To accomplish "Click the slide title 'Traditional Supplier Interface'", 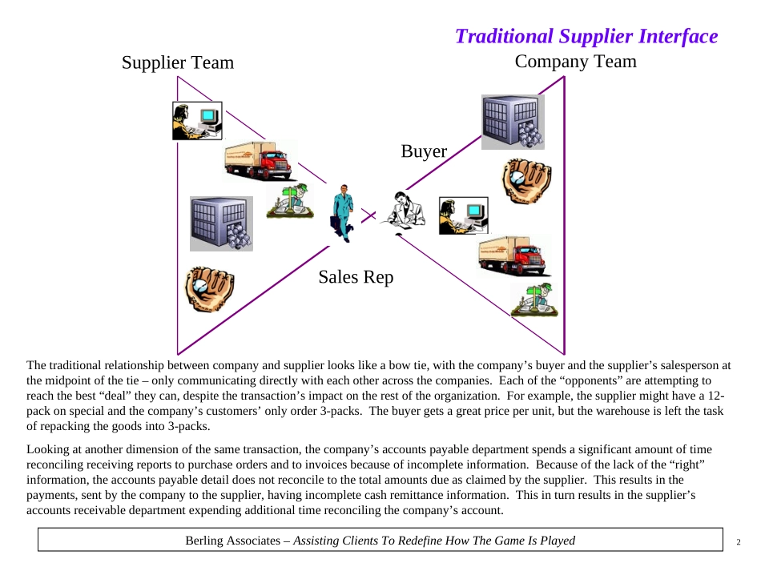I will point(586,37).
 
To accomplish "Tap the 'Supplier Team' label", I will point(178,62).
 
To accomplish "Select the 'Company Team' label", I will point(575,61).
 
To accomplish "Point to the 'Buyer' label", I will point(424,151).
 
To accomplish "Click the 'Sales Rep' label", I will point(356,277).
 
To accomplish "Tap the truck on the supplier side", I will point(257,161).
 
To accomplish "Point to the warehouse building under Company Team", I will point(513,122).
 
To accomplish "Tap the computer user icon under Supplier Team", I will point(196,121).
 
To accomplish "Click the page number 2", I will point(739,542).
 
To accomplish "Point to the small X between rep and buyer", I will point(368,215).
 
